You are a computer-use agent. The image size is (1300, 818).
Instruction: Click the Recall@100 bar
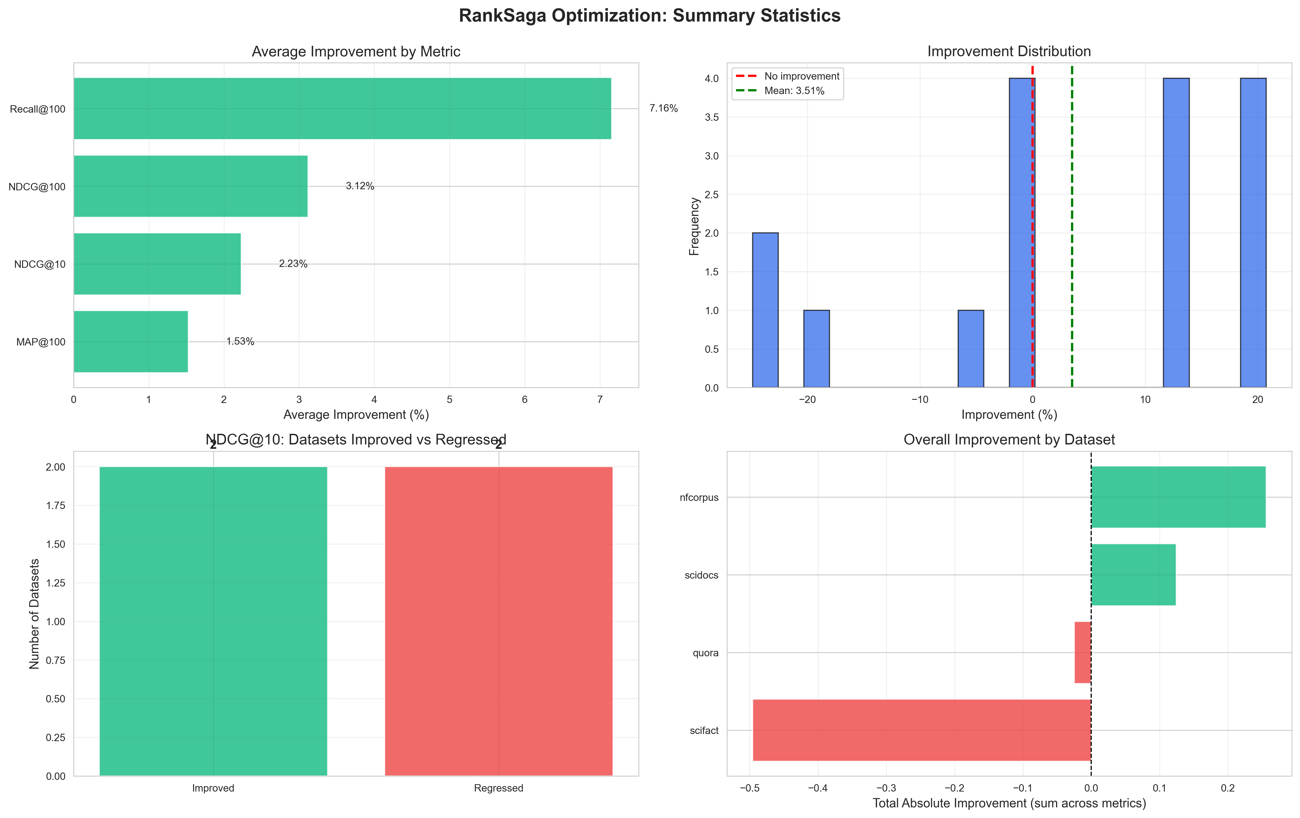click(342, 109)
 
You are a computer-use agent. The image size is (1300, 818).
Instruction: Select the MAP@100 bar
click(131, 342)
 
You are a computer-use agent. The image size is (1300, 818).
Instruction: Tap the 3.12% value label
click(360, 186)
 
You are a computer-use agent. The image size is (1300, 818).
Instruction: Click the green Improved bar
click(213, 621)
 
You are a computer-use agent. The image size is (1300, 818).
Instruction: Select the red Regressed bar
click(498, 621)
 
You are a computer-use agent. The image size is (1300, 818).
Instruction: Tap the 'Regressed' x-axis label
click(498, 788)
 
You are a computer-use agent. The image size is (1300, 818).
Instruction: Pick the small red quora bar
click(1082, 652)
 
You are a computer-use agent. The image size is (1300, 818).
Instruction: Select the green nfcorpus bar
click(1178, 497)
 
